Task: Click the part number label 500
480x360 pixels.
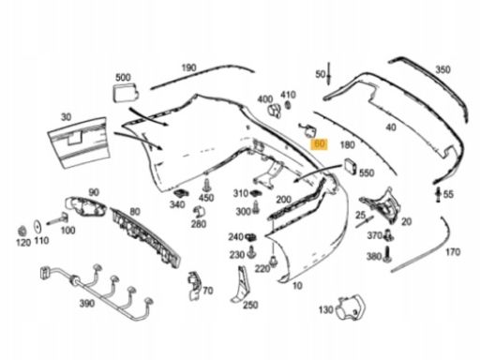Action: [x=123, y=76]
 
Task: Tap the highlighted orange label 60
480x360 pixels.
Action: [x=320, y=144]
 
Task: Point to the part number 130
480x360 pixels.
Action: [x=326, y=308]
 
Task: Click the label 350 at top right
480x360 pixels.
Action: [x=442, y=69]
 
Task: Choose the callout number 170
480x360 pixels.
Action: [x=452, y=252]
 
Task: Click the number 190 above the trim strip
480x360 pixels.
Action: [x=188, y=67]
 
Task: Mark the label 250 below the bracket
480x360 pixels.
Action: [x=250, y=304]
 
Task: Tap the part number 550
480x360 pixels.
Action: [x=367, y=173]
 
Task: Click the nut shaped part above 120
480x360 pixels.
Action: [x=21, y=229]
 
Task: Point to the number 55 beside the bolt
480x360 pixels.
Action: [x=448, y=194]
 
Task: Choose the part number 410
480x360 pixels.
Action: [x=288, y=94]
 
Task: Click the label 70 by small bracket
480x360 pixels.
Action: [x=207, y=290]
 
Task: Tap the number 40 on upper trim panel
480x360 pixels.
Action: [x=391, y=127]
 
